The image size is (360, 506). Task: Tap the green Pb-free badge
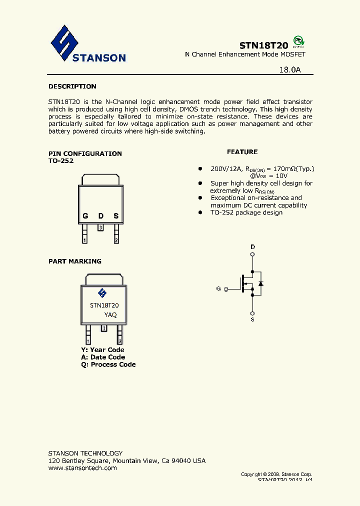[298, 41]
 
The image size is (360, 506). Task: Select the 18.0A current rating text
[290, 70]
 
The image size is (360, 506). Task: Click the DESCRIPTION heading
[72, 86]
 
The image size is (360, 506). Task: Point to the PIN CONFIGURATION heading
[85, 153]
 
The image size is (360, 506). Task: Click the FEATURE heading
[242, 151]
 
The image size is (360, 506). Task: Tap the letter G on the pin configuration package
[85, 216]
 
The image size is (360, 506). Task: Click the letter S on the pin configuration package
[116, 216]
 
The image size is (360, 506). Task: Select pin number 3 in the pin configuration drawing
[100, 227]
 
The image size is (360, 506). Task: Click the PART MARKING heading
[74, 261]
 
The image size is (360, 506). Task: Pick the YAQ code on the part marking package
[110, 314]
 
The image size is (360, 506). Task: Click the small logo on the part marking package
[102, 293]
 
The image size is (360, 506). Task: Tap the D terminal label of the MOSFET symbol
[252, 247]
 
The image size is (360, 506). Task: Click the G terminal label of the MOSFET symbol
[218, 288]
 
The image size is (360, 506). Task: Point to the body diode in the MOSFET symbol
[260, 283]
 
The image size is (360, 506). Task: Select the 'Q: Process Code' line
[108, 364]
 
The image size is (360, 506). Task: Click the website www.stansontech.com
[82, 468]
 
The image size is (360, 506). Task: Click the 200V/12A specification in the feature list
[226, 169]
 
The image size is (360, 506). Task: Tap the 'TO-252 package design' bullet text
[246, 212]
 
